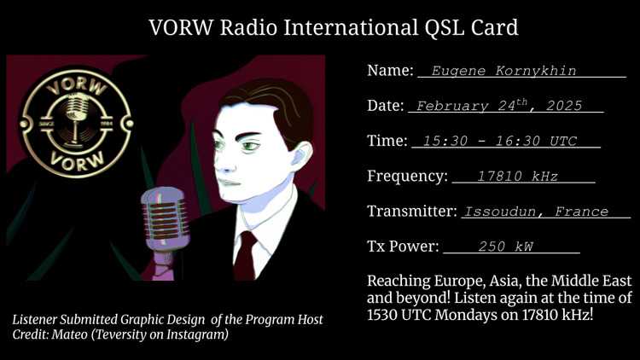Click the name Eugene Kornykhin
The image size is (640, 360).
[503, 71]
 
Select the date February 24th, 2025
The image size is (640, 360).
[499, 105]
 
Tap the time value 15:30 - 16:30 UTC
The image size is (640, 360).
[500, 141]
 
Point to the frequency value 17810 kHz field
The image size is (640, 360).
[517, 177]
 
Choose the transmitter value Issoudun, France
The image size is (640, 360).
[537, 212]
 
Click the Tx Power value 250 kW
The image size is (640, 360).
[506, 247]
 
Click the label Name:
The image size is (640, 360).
[390, 70]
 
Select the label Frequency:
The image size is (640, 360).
[407, 176]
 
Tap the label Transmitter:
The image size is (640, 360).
[412, 211]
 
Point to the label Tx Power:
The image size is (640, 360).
[403, 247]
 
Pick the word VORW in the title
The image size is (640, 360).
[181, 28]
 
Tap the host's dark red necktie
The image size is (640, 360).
[246, 255]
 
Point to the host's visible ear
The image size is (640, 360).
[301, 156]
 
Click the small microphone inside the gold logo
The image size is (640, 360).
[76, 116]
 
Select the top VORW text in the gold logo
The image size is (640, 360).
[77, 87]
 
